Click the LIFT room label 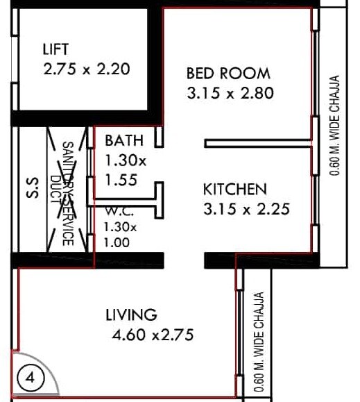[x=56, y=49]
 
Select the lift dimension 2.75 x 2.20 [x=87, y=70]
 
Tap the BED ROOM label [x=228, y=73]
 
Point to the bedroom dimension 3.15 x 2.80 [x=231, y=93]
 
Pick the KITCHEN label [x=235, y=189]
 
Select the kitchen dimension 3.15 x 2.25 [x=246, y=208]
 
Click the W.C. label [x=115, y=210]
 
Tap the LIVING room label [x=131, y=315]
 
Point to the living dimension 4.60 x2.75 [x=153, y=336]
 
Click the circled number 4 [x=31, y=379]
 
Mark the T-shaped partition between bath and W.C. [x=158, y=202]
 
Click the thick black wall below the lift [x=83, y=117]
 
